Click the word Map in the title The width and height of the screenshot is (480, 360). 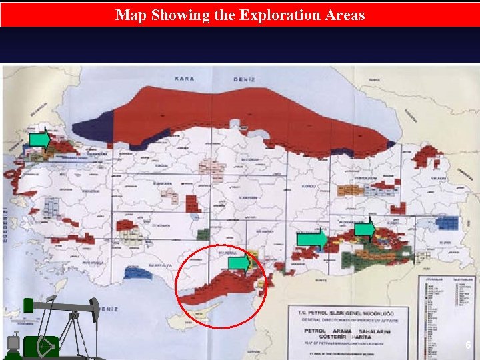[130, 15]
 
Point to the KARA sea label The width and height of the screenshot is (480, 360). [185, 79]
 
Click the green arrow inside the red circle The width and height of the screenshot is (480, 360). [239, 263]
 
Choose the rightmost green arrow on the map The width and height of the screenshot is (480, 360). [364, 229]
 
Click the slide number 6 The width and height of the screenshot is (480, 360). [468, 345]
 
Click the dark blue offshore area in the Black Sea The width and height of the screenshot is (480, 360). [93, 127]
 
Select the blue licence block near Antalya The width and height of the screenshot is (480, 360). [139, 271]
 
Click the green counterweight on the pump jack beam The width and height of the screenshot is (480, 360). [28, 305]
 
